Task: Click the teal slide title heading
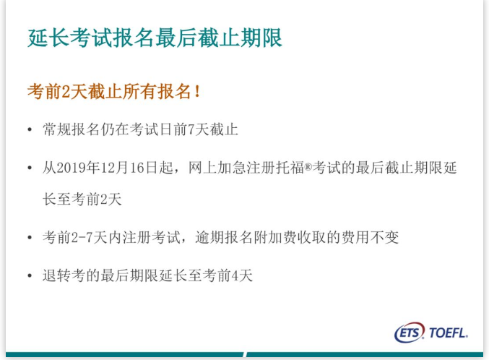[155, 38]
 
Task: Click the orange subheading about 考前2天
[114, 92]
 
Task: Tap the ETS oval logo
[410, 333]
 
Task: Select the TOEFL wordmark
[449, 333]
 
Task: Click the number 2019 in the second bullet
[72, 168]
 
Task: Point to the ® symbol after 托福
[308, 167]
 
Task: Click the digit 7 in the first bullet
[191, 129]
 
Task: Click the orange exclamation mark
[197, 92]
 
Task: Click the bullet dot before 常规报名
[30, 129]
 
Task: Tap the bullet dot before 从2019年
[30, 168]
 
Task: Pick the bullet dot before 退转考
[30, 275]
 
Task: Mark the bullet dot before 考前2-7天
[30, 238]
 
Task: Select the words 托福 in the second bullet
[290, 168]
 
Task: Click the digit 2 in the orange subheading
[66, 92]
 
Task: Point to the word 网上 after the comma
[203, 168]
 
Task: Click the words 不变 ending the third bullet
[384, 237]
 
